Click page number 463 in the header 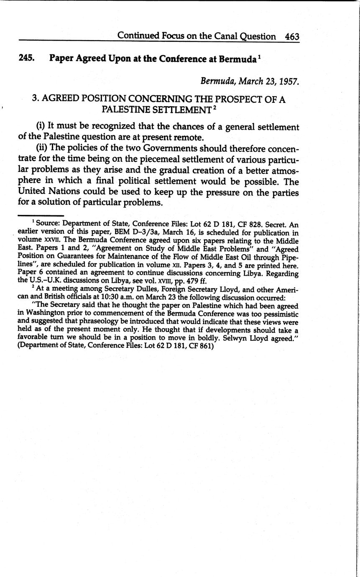click(292, 36)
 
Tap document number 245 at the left click(26, 59)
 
